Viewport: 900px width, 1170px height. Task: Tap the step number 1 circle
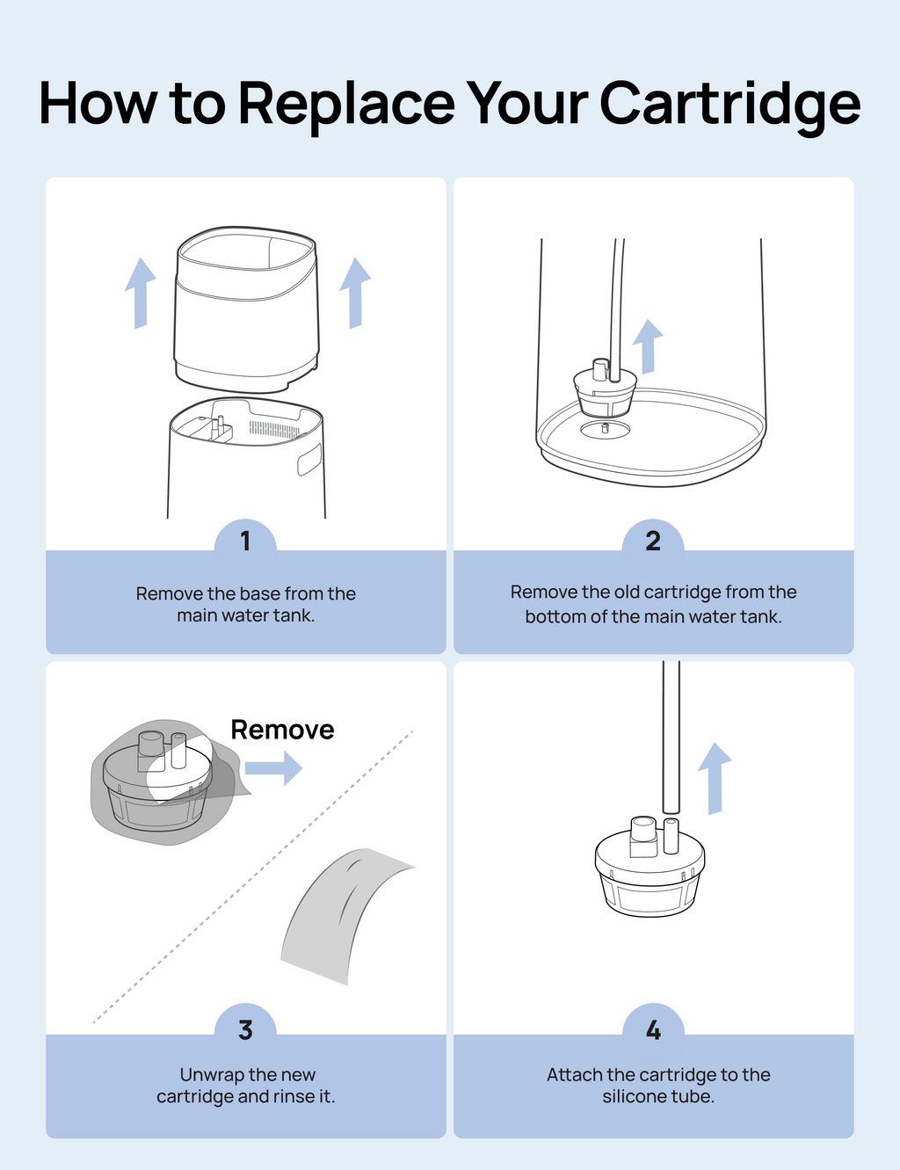click(x=245, y=541)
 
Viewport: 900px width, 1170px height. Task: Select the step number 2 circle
click(x=653, y=541)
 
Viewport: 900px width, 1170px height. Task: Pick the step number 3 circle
click(x=245, y=1029)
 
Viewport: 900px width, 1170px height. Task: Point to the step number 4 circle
click(x=653, y=1029)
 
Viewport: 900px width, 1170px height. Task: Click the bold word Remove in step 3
click(x=282, y=730)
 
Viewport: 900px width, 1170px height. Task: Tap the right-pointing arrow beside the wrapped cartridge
click(x=273, y=768)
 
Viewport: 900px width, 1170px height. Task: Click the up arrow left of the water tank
click(x=140, y=293)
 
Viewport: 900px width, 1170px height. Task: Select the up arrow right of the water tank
click(x=355, y=293)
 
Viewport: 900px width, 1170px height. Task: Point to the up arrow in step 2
click(x=648, y=346)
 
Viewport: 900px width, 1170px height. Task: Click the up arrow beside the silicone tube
click(x=715, y=778)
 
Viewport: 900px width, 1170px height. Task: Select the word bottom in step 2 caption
click(x=555, y=616)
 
